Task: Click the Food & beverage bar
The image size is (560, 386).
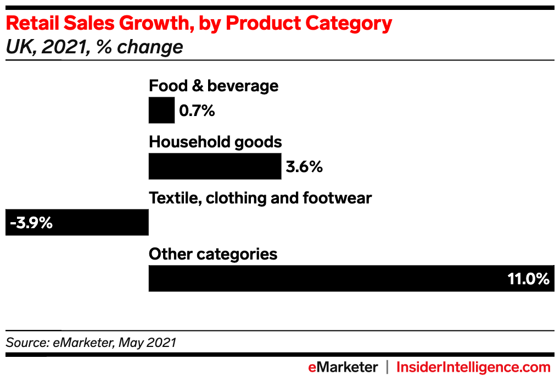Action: [161, 111]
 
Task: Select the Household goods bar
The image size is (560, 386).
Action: [215, 167]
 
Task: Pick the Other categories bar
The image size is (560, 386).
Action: [329, 278]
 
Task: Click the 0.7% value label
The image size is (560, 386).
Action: [197, 111]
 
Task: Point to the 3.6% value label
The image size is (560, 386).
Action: [304, 167]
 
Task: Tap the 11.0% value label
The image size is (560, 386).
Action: [528, 279]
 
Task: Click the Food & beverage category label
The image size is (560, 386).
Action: [214, 86]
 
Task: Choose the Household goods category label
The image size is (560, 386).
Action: [215, 142]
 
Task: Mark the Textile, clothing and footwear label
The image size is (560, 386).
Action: [260, 198]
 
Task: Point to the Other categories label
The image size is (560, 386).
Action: [213, 254]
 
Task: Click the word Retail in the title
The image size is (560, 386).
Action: [32, 23]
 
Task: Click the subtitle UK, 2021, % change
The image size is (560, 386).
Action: [94, 47]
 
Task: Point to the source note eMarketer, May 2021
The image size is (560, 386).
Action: [91, 343]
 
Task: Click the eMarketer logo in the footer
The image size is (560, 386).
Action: [343, 367]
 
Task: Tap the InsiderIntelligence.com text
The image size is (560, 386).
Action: [473, 367]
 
